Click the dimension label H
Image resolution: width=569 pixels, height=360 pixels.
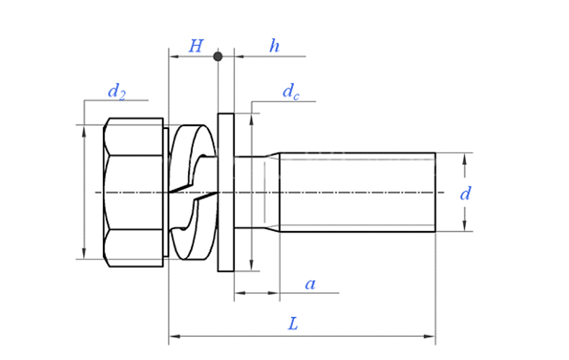[196, 47]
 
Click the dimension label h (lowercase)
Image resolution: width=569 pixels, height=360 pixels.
[274, 47]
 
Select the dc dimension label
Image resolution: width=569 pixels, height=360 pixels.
[290, 91]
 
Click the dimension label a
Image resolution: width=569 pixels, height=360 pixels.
[310, 284]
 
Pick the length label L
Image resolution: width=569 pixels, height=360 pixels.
[293, 325]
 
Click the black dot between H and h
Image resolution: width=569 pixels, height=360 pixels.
[218, 55]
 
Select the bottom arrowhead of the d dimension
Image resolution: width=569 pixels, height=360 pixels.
[465, 227]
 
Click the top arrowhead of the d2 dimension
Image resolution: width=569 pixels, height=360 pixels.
[84, 129]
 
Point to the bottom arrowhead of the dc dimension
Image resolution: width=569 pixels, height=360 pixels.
[251, 266]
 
